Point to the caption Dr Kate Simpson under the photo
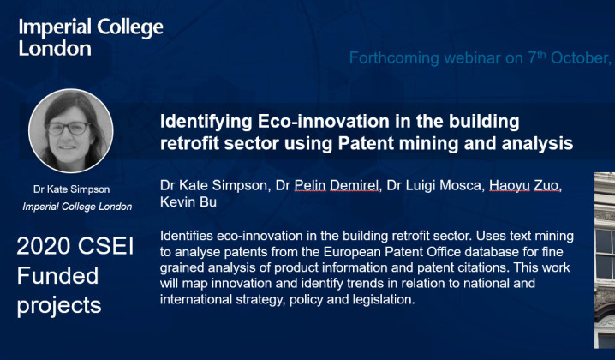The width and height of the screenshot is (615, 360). pyautogui.click(x=71, y=189)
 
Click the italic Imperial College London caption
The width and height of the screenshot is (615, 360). pyautogui.click(x=77, y=206)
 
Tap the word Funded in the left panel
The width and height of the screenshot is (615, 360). pyautogui.click(x=57, y=276)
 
